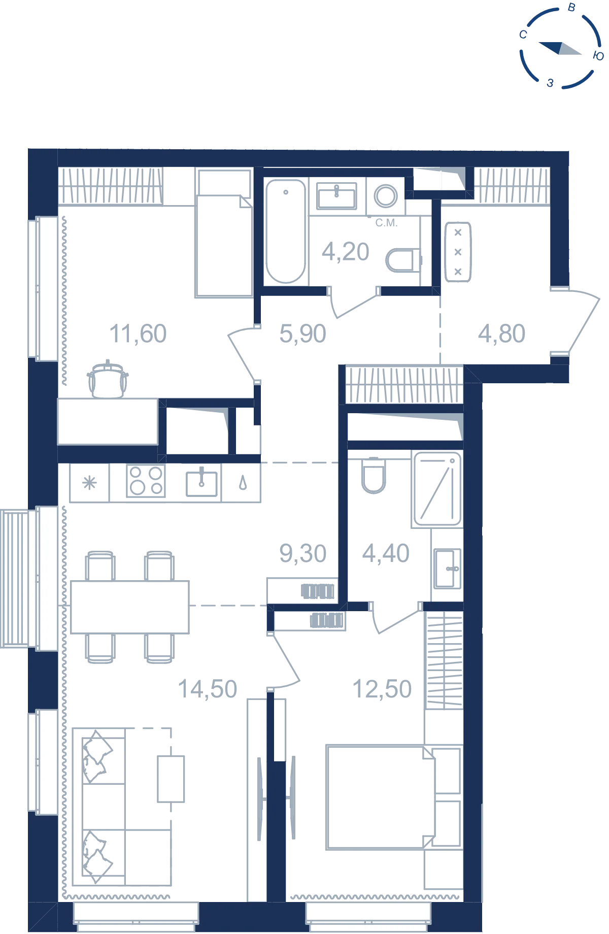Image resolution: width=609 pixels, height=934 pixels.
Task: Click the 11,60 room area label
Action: [x=138, y=334]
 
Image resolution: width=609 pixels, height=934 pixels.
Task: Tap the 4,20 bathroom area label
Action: [x=346, y=252]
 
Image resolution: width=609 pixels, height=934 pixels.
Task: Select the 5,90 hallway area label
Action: [x=302, y=334]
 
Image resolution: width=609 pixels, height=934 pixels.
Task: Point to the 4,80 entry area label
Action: [x=501, y=334]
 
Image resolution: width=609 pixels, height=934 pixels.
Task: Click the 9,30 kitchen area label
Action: [x=302, y=553]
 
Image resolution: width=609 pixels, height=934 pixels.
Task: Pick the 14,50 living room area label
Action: [x=208, y=689]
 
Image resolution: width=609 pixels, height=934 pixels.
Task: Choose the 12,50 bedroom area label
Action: [x=382, y=689]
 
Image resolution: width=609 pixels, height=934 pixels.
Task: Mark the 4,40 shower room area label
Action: [x=386, y=553]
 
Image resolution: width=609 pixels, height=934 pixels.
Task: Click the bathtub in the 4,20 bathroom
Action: [x=286, y=231]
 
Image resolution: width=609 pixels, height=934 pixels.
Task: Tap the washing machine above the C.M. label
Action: [x=386, y=196]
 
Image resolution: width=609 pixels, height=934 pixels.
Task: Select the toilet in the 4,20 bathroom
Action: [x=404, y=260]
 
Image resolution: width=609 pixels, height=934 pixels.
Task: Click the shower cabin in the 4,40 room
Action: [x=437, y=489]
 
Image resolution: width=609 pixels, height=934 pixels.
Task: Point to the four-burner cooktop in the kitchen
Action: [x=146, y=481]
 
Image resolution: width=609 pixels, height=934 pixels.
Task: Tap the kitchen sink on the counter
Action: [x=201, y=482]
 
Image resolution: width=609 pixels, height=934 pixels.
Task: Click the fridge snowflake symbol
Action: [x=89, y=483]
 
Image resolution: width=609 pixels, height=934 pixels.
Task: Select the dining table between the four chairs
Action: [x=130, y=607]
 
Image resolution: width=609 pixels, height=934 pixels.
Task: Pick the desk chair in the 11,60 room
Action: [x=108, y=380]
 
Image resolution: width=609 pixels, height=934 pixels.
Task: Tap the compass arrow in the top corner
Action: [x=560, y=48]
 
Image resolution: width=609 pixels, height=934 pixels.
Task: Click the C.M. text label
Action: [x=386, y=223]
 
